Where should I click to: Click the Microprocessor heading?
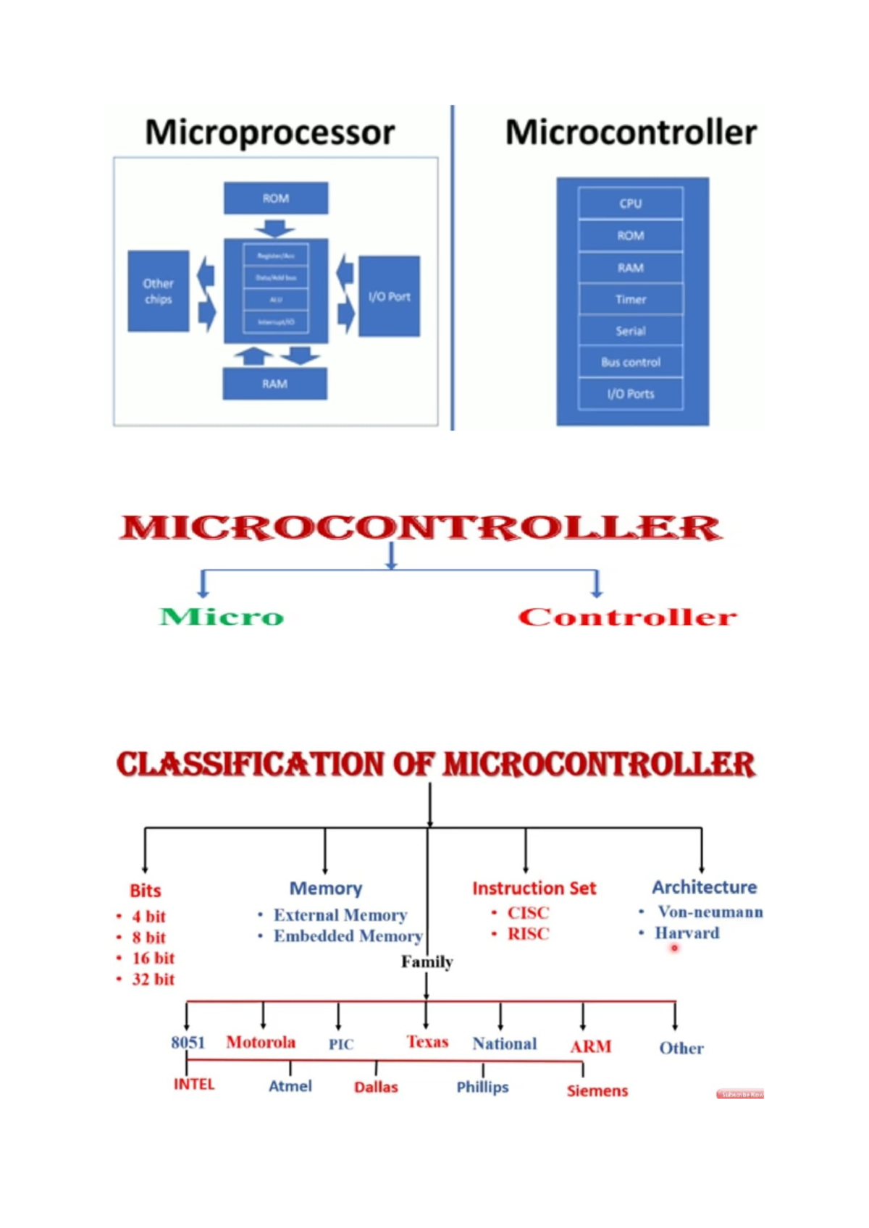tap(269, 133)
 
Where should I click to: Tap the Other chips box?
tap(158, 291)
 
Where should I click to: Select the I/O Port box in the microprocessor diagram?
tap(389, 296)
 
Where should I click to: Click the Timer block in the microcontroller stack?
tap(630, 299)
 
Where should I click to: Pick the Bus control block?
tap(630, 362)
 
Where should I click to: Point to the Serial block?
tap(630, 331)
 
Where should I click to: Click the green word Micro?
tap(222, 617)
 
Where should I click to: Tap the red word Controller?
tap(627, 617)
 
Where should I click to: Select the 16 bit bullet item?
tap(153, 958)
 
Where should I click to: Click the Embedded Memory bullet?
tap(348, 936)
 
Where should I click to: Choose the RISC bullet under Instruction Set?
tap(528, 934)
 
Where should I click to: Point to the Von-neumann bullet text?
tap(710, 912)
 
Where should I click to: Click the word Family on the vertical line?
tap(427, 962)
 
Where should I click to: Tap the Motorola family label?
tap(261, 1042)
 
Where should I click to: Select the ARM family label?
tap(590, 1046)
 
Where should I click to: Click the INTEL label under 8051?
tap(194, 1084)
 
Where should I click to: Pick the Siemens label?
tap(597, 1090)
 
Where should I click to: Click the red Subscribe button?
tap(739, 1094)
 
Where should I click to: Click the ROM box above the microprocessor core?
tap(275, 198)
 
